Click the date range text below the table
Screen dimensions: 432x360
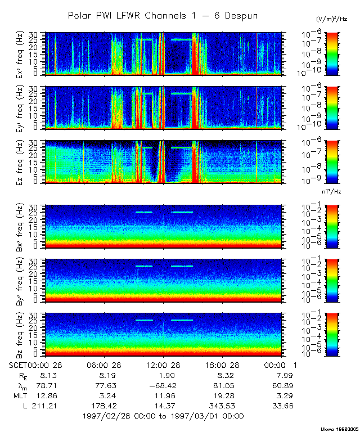pos(163,416)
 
